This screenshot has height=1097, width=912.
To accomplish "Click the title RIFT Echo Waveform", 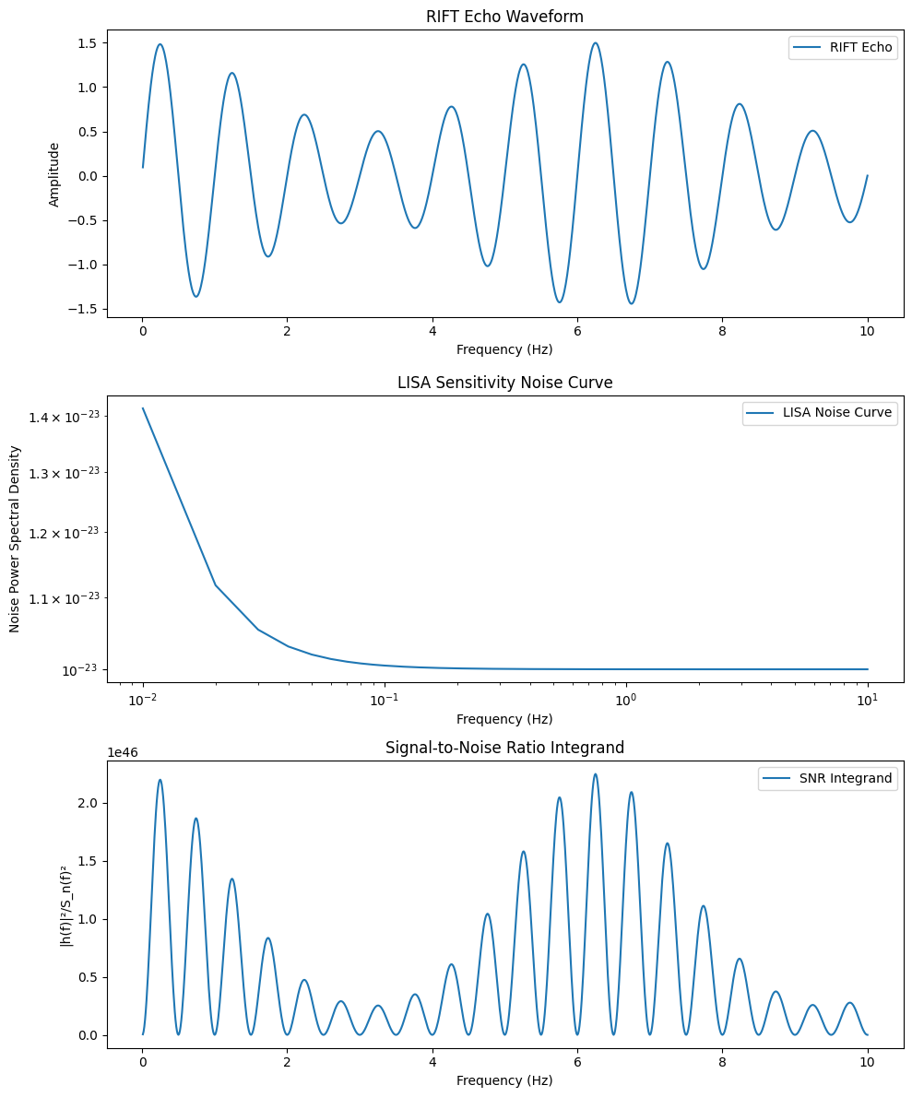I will coord(504,17).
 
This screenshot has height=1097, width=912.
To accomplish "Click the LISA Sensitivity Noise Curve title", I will coord(504,383).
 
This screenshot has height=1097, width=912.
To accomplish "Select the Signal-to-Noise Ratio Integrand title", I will coord(504,748).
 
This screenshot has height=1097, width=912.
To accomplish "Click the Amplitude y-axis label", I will coord(54,174).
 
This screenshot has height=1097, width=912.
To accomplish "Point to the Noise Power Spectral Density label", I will coord(15,538).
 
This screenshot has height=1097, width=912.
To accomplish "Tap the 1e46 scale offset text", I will coord(124,753).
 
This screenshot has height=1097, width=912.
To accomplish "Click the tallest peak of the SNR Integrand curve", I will coord(595,774).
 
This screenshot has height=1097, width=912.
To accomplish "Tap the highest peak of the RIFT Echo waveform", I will coord(595,43).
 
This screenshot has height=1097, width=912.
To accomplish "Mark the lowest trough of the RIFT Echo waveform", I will coord(632,303).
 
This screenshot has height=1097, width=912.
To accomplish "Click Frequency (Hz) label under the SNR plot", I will coord(504,1080).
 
